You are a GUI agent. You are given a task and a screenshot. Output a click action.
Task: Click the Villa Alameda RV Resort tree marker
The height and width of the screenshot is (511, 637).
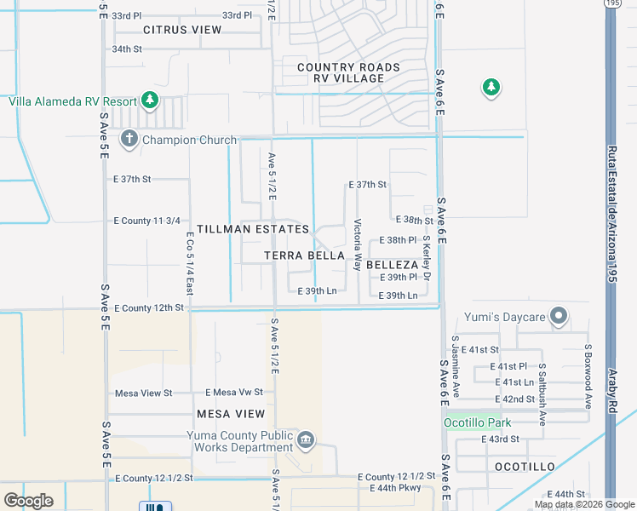coord(150,100)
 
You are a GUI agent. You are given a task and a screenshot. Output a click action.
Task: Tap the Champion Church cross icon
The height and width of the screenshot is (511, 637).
coord(129,139)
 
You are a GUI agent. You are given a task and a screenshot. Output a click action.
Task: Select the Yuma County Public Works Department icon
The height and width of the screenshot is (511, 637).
coord(307,440)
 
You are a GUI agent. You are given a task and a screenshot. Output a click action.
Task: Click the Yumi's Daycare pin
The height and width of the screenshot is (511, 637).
coord(559,317)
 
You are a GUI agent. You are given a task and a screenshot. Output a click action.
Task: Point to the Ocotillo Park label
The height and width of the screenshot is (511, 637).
coord(477,422)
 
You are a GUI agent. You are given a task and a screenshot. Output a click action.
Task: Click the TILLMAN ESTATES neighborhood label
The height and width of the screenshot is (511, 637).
coord(253,230)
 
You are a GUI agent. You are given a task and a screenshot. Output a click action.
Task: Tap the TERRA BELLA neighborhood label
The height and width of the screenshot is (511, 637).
coord(304,255)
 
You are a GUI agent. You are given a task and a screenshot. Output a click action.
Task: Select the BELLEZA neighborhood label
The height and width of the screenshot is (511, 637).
coord(391,265)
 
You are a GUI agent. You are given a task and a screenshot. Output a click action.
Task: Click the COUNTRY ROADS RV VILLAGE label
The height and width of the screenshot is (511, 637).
coord(348,72)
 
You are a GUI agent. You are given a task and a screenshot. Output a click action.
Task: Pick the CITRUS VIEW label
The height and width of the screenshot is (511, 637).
coord(182,30)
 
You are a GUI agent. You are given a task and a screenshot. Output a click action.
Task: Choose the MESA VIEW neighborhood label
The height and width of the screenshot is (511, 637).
coord(231,414)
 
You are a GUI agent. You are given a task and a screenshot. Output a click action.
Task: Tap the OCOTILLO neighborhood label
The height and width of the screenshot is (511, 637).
coord(525,467)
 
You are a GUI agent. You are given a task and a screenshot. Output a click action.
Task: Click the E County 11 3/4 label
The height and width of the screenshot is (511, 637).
coord(146,221)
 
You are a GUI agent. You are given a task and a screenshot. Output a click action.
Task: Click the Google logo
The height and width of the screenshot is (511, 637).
coord(29,501)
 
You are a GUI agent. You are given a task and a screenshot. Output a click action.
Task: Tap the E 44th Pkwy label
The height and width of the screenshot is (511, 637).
coord(395,488)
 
